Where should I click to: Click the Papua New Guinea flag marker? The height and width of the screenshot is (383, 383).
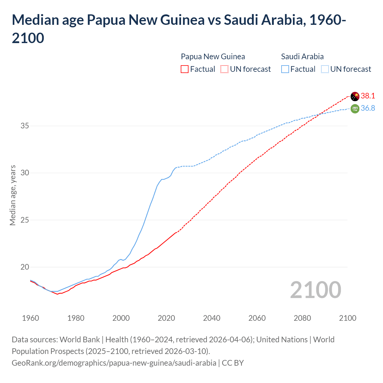[x=355, y=96]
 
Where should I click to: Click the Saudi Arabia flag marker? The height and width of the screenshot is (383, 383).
[x=355, y=109]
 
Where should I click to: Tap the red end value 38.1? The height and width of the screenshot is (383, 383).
[x=368, y=96]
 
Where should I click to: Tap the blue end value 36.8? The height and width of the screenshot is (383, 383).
[x=368, y=108]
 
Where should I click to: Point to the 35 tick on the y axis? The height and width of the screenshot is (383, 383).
[x=25, y=126]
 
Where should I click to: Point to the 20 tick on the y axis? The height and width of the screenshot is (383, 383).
[x=25, y=267]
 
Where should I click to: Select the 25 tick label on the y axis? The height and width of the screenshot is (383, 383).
[x=25, y=220]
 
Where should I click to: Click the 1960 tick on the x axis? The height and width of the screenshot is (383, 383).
[x=31, y=318]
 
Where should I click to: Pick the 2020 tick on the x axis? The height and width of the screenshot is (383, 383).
[x=166, y=318]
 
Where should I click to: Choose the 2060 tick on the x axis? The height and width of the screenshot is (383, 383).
[x=257, y=318]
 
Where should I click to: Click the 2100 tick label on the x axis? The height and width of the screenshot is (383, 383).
[x=348, y=318]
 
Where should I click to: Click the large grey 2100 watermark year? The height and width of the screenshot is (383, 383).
[x=315, y=290]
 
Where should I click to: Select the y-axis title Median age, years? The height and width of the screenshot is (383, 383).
[x=13, y=195]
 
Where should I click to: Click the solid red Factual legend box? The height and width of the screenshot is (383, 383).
[x=185, y=69]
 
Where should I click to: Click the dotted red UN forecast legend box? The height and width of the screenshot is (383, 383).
[x=224, y=69]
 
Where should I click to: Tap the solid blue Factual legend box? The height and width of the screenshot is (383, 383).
[x=285, y=69]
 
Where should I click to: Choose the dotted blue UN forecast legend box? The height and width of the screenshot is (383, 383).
[x=325, y=69]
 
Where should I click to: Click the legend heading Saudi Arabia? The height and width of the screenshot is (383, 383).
[x=302, y=57]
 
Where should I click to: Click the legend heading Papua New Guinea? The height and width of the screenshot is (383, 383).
[x=213, y=57]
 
